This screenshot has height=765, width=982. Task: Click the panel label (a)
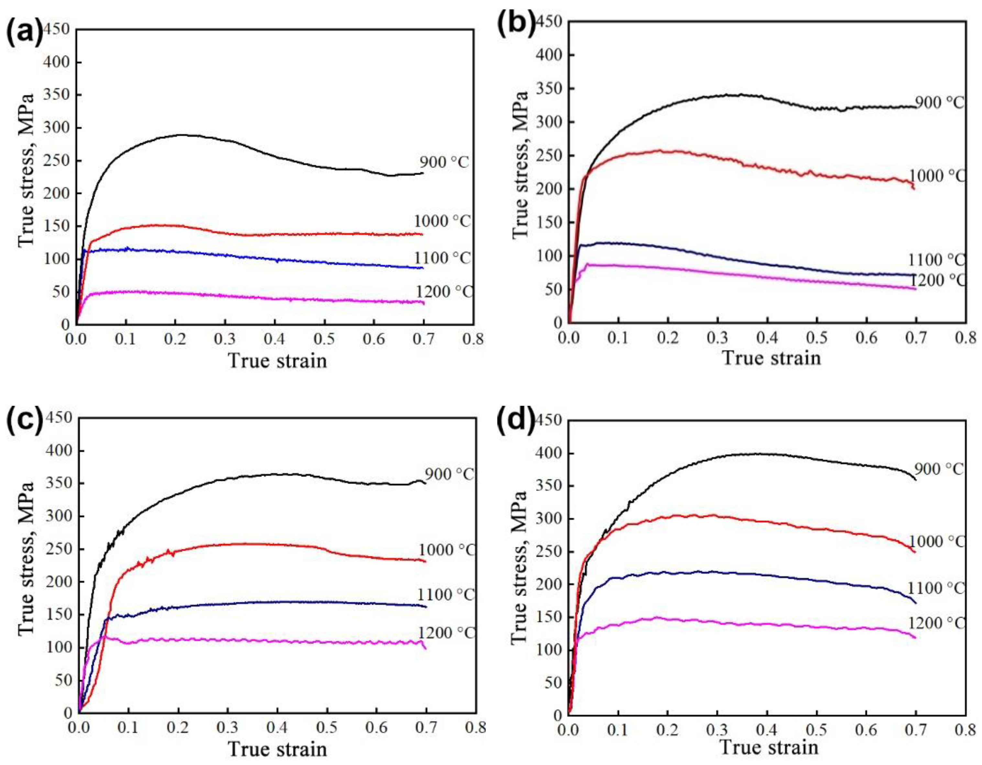(x=25, y=32)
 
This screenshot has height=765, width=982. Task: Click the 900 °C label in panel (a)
(x=444, y=162)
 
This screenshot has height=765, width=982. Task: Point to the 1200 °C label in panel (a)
(x=444, y=292)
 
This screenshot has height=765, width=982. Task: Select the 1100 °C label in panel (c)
(x=446, y=594)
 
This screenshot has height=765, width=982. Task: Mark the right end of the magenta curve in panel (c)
(x=425, y=648)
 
